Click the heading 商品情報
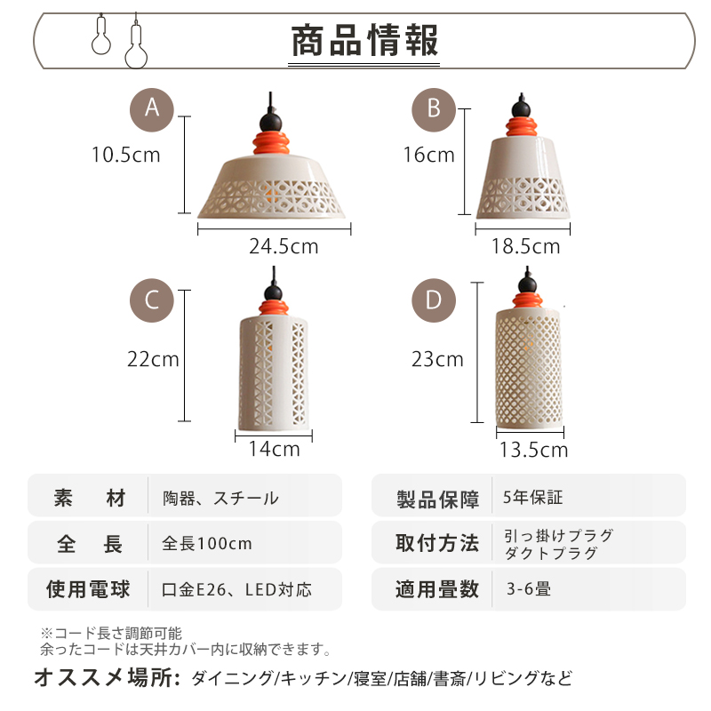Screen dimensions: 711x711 coord(364,42)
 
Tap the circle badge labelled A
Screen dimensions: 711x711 coord(152,108)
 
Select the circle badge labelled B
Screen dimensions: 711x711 coord(433,108)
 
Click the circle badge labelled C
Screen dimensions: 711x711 coord(152,300)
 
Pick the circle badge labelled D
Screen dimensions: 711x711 coord(433,300)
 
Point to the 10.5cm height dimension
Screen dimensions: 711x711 coord(125,155)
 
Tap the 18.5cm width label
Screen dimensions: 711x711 coord(525,246)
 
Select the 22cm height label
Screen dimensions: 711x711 coord(153,359)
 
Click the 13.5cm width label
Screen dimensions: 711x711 coord(532,450)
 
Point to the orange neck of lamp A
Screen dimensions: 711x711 coord(273,141)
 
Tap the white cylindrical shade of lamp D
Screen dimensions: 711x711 coord(530,364)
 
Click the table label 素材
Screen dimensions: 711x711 coord(89,498)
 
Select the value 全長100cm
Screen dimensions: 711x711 coord(207,543)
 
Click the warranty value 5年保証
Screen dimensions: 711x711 coord(532,498)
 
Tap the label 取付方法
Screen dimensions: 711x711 coord(436,543)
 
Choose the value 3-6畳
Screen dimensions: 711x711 coord(528,588)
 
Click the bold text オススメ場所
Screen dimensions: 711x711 coord(108,678)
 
